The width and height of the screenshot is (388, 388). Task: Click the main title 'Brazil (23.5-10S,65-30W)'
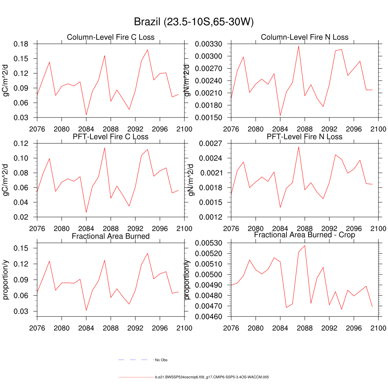pos(194,22)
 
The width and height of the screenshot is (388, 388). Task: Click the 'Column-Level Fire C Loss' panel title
pos(111,37)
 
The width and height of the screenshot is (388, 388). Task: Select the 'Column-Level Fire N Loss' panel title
pos(305,37)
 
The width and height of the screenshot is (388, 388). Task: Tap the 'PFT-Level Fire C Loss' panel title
pos(111,136)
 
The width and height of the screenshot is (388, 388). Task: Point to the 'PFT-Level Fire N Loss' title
pos(305,136)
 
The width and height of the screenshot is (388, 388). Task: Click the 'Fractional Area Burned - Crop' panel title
pos(305,235)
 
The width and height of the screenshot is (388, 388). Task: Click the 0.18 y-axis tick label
pos(21,44)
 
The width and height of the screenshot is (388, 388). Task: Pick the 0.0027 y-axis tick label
pos(212,144)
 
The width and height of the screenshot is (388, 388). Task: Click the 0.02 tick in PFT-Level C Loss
pos(21,217)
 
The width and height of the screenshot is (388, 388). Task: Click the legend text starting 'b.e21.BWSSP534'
pos(212,377)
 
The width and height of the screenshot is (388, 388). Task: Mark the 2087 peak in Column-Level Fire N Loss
pos(299,46)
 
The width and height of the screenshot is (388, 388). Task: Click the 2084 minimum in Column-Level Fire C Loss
pos(86,115)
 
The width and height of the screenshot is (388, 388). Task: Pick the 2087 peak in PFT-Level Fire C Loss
pos(105,148)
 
